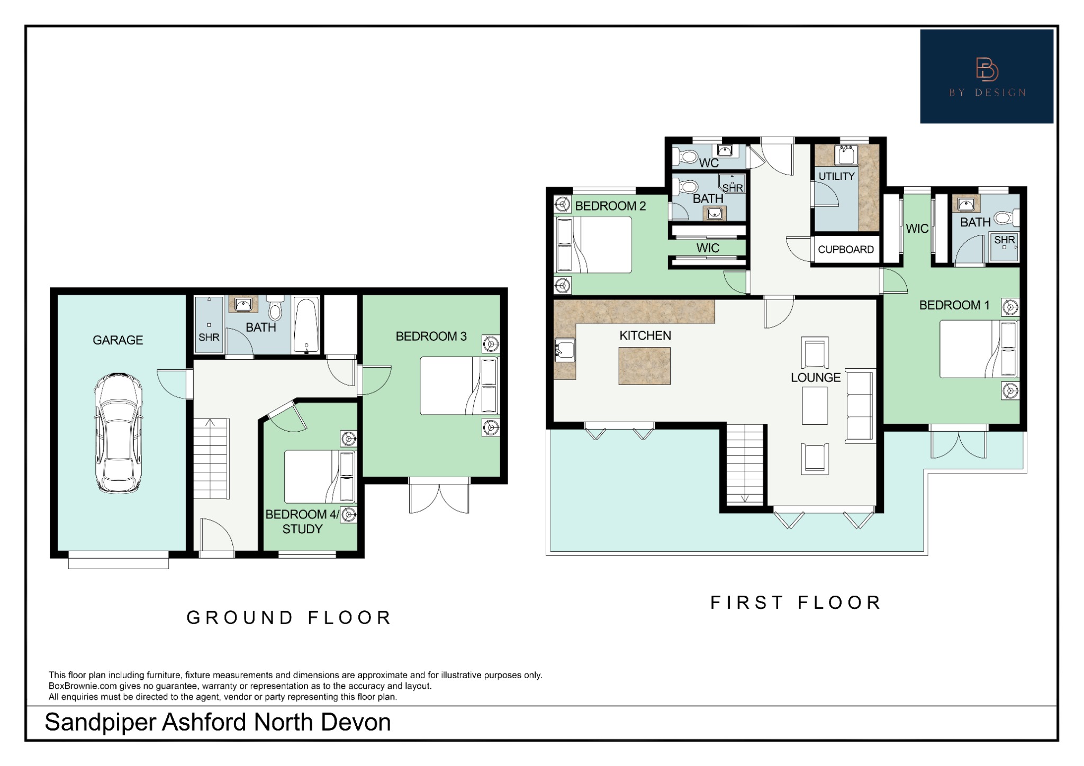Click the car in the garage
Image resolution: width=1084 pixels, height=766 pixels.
[118, 433]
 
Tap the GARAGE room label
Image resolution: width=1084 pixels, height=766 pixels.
[118, 340]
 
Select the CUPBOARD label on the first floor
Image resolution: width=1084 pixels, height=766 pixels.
[845, 250]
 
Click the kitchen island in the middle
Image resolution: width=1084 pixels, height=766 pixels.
[644, 366]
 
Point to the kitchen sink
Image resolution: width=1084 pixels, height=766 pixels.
[565, 350]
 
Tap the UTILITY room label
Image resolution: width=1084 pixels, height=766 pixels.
[836, 176]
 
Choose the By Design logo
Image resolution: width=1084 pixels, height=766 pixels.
[986, 77]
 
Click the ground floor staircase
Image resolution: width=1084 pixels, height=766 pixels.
[211, 458]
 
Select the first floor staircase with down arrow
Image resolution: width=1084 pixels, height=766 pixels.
[745, 464]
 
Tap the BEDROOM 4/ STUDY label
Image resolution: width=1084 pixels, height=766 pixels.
[302, 522]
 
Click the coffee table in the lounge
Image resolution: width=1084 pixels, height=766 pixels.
[815, 406]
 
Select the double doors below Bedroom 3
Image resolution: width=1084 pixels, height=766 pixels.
[439, 497]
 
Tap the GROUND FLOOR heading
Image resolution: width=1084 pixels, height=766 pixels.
[289, 617]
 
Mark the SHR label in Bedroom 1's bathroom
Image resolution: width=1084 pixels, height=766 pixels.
[1004, 240]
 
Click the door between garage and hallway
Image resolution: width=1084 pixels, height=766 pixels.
[172, 384]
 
